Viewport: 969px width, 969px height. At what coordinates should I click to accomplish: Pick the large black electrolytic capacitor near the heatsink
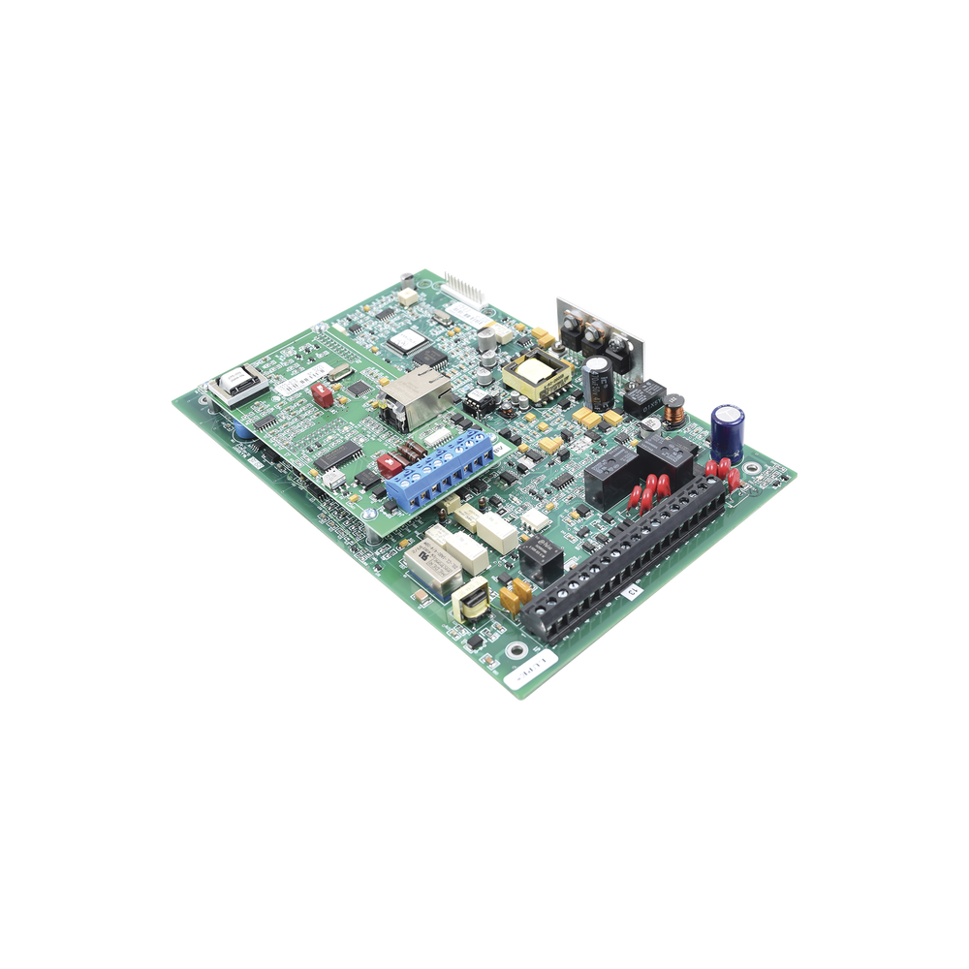[x=598, y=380]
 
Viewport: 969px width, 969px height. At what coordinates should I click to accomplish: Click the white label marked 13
[x=631, y=592]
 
